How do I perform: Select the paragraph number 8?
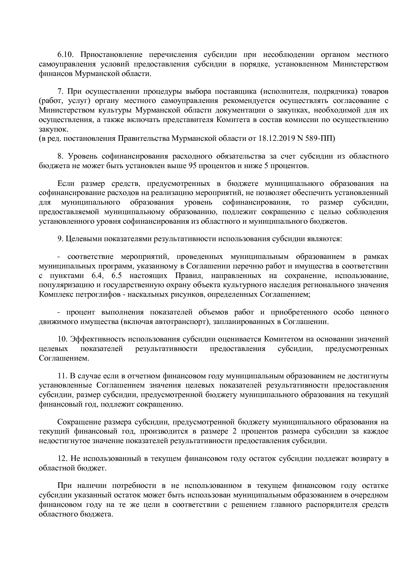point(60,156)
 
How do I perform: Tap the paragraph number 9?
point(60,238)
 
